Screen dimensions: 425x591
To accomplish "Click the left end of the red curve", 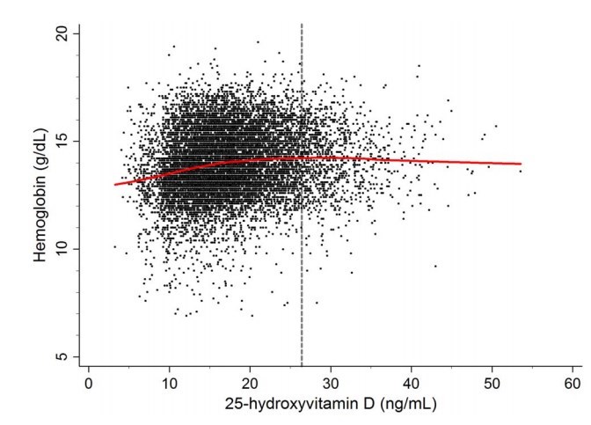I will (x=115, y=185).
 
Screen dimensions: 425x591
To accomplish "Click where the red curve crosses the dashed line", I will (x=302, y=158).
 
